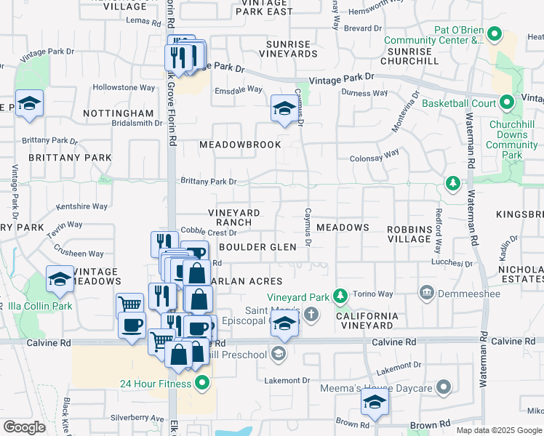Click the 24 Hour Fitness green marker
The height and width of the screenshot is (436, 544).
(x=202, y=383)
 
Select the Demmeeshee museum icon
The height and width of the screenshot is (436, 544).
(x=426, y=293)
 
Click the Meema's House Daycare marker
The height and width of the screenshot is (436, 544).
(x=443, y=387)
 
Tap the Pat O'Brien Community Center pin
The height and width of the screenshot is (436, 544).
(x=495, y=34)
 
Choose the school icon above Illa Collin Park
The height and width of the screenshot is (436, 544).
(x=60, y=280)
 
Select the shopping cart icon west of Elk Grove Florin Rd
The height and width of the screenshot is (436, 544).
(x=129, y=305)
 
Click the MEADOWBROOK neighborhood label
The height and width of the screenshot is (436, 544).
(x=241, y=145)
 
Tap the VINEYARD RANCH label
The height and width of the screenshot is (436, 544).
(x=234, y=217)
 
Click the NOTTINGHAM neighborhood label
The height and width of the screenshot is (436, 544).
(x=118, y=114)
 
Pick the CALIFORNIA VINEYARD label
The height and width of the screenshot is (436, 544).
(x=367, y=320)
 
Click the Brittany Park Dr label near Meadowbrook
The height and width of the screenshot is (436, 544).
(x=209, y=182)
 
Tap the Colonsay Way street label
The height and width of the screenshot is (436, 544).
(x=375, y=154)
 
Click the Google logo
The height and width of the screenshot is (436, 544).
(x=24, y=427)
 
